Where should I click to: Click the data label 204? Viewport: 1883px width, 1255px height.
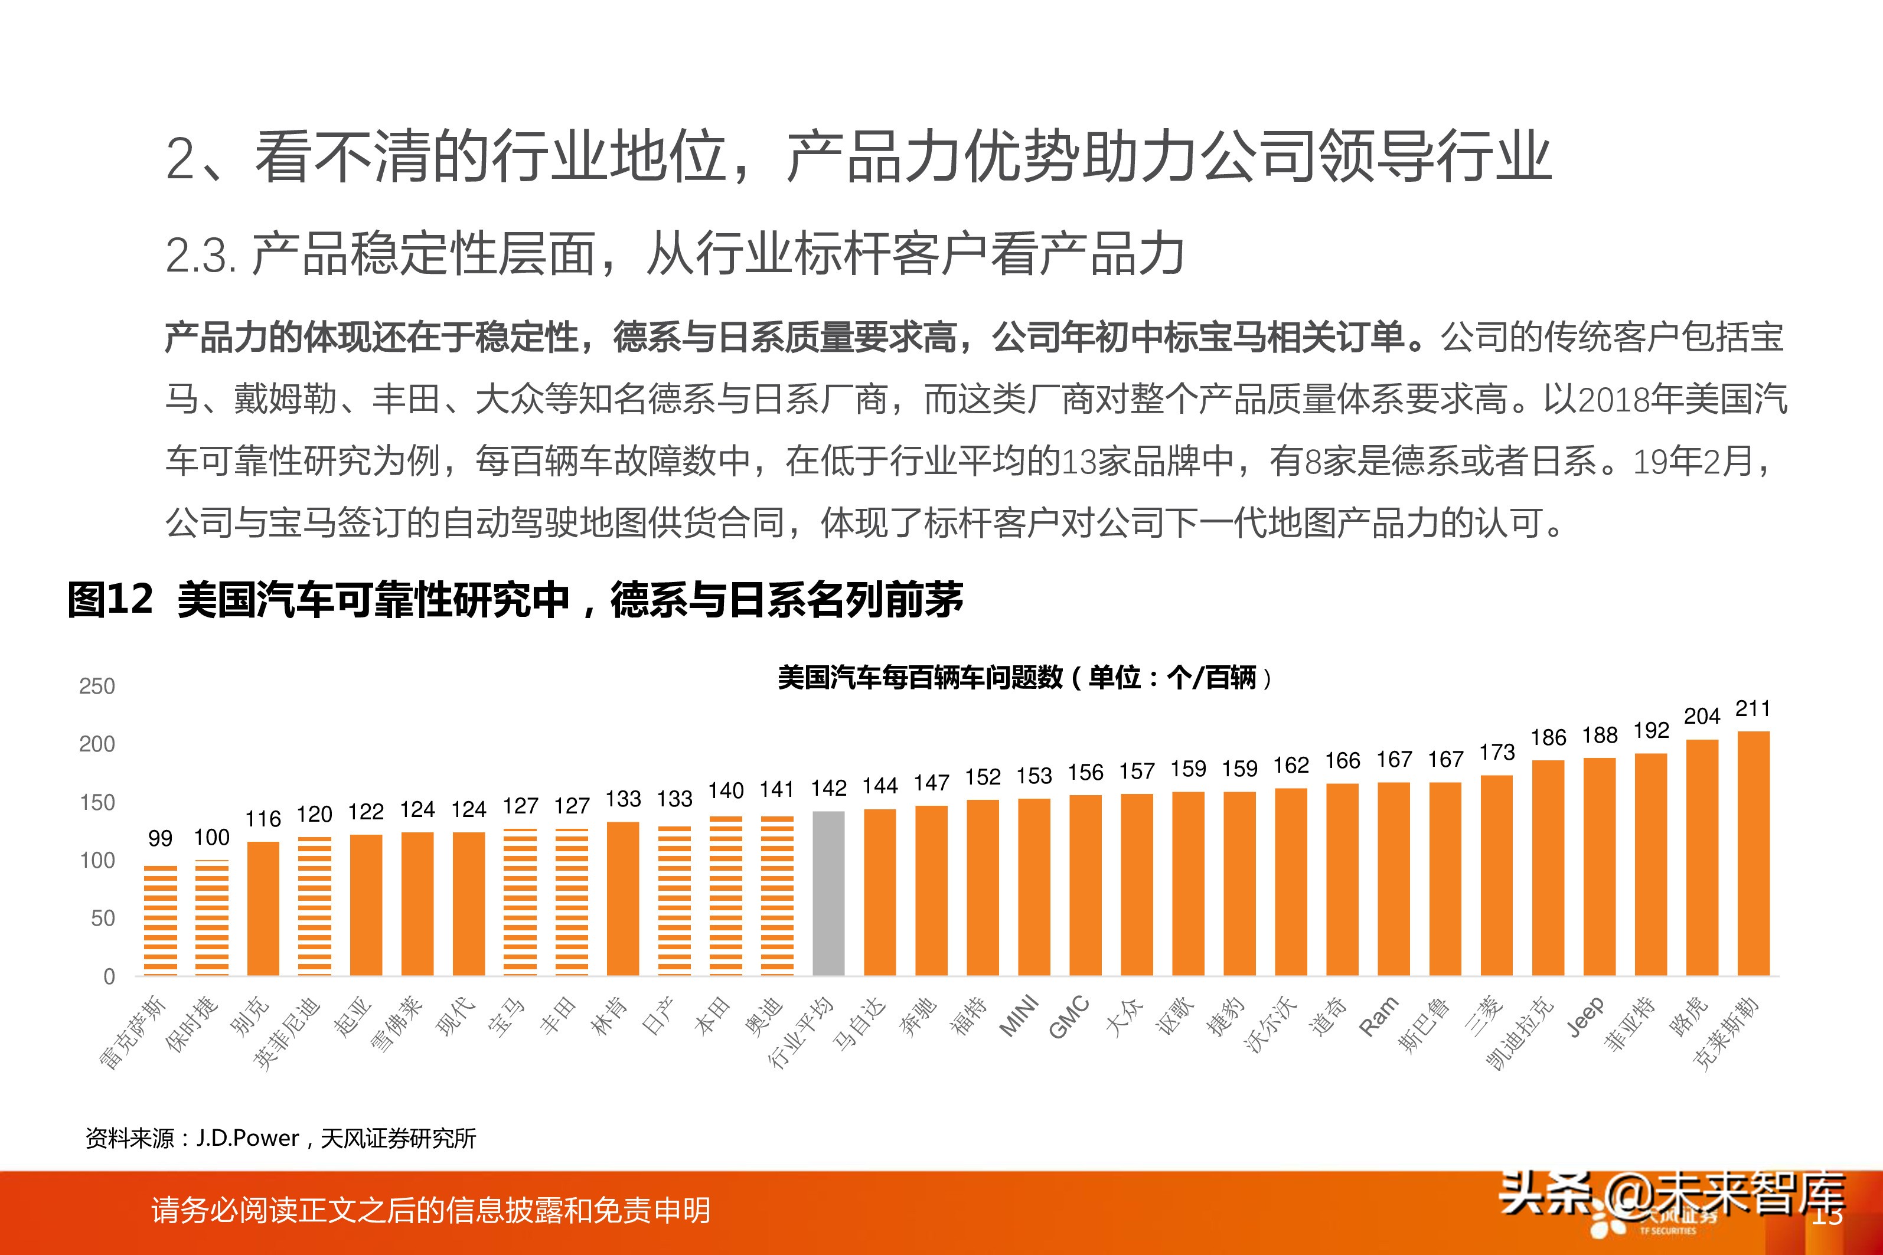click(1701, 715)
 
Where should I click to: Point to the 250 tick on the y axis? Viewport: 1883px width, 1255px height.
click(97, 686)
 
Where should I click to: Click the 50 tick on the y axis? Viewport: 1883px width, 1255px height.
click(103, 918)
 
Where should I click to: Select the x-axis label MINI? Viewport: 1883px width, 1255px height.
click(1019, 1016)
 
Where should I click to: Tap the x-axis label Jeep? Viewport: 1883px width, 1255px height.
click(1585, 1017)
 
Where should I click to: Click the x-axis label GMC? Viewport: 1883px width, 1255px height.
click(1069, 1017)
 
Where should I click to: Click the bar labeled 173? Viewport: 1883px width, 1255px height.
click(1496, 875)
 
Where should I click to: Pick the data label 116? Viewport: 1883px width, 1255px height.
click(263, 819)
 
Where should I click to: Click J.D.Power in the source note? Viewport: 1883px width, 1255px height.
click(247, 1138)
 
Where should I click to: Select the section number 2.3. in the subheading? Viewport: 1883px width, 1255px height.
click(200, 256)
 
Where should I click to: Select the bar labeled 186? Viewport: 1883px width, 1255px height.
click(1548, 868)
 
